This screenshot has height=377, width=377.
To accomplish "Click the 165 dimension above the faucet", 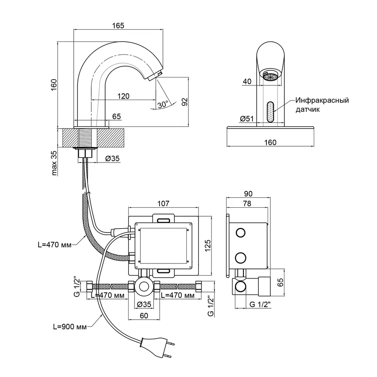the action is click(118, 26).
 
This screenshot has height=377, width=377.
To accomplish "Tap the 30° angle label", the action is click(163, 105).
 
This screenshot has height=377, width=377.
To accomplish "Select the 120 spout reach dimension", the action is click(123, 96).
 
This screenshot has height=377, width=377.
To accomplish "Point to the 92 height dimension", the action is click(185, 102).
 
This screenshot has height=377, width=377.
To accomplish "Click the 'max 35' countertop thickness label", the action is click(54, 163).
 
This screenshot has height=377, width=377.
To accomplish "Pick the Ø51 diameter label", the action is click(247, 119).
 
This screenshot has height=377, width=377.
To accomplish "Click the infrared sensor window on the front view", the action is click(271, 112).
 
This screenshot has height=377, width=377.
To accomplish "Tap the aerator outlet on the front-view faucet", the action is click(271, 77).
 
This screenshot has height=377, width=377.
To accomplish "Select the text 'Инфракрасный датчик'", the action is click(322, 105).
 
